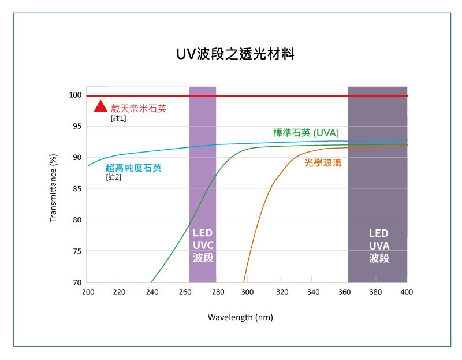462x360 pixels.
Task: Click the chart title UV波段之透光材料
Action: coord(236,55)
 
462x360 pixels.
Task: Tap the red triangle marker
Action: coord(101,106)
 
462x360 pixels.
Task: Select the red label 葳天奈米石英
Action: coord(139,108)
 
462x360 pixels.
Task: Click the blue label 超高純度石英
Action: coord(133,168)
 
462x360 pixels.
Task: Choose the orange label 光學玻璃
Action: coord(323,163)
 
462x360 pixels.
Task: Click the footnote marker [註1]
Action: coord(118,118)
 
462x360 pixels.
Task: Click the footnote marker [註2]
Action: coord(113,177)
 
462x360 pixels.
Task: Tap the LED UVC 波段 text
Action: coord(203,246)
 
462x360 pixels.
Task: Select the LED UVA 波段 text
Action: coord(379,246)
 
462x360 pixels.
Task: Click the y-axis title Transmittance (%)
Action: coord(53,188)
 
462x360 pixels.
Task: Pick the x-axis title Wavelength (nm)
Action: coord(240,317)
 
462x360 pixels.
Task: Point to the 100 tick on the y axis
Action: coord(76,95)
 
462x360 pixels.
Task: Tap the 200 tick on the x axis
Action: coord(88,292)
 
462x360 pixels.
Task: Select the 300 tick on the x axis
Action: coord(247,292)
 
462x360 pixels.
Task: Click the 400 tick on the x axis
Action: coord(407,292)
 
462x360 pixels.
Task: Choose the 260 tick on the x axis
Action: coord(184,292)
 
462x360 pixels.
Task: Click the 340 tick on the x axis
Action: coord(311,292)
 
